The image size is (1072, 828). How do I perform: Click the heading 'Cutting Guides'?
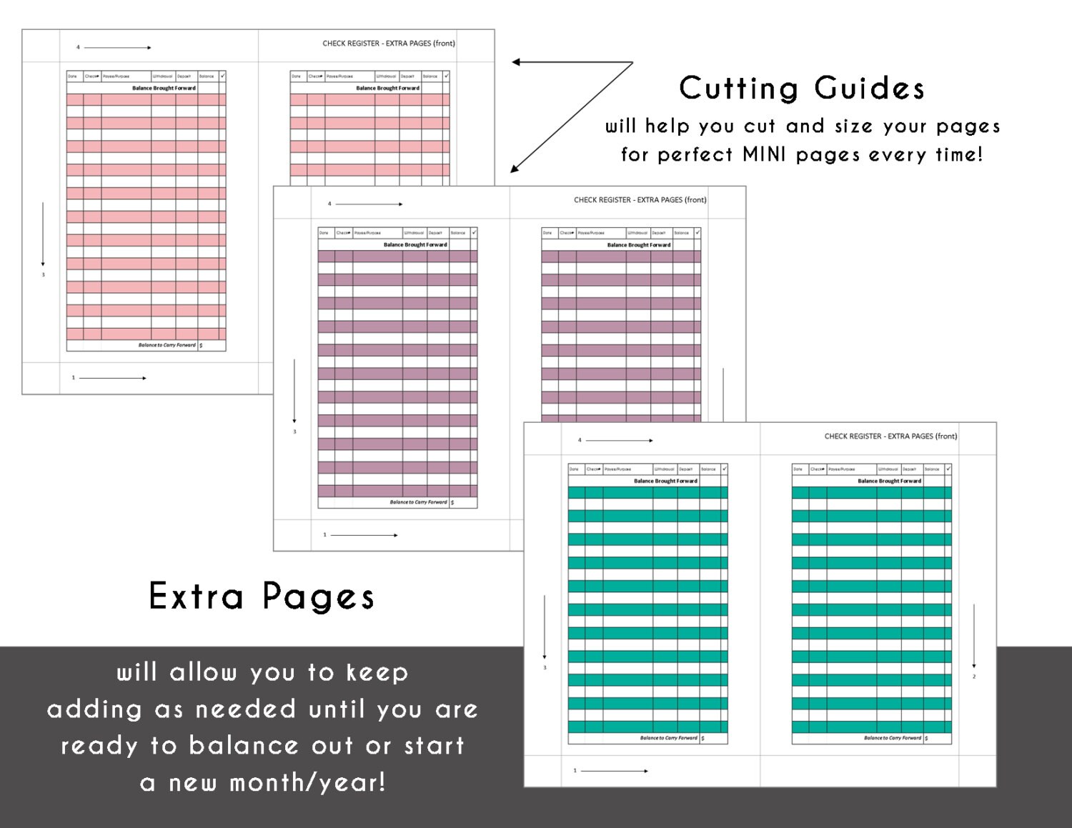point(801,89)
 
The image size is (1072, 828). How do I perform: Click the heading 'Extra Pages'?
point(262,597)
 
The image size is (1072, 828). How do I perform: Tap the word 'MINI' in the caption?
point(764,154)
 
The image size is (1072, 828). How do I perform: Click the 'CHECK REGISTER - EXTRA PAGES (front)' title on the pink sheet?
point(389,44)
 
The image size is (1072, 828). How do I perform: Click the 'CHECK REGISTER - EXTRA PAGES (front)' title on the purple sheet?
point(640,200)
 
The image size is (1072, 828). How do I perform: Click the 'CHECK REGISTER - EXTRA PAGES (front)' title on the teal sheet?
point(890,436)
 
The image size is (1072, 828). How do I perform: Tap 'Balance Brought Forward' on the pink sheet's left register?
point(164,88)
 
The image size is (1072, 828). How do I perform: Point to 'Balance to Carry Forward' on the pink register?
point(167,345)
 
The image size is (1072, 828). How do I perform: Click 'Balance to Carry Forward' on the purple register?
point(418,502)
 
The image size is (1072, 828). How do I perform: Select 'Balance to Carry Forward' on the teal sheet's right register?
point(892,738)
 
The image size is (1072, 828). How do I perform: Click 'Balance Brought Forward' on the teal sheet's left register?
point(665,481)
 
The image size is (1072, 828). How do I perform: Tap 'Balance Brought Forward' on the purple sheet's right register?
point(639,245)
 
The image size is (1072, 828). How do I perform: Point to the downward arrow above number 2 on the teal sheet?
point(974,635)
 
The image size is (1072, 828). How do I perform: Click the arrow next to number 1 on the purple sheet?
point(364,535)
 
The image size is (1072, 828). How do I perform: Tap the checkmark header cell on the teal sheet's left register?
point(724,469)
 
